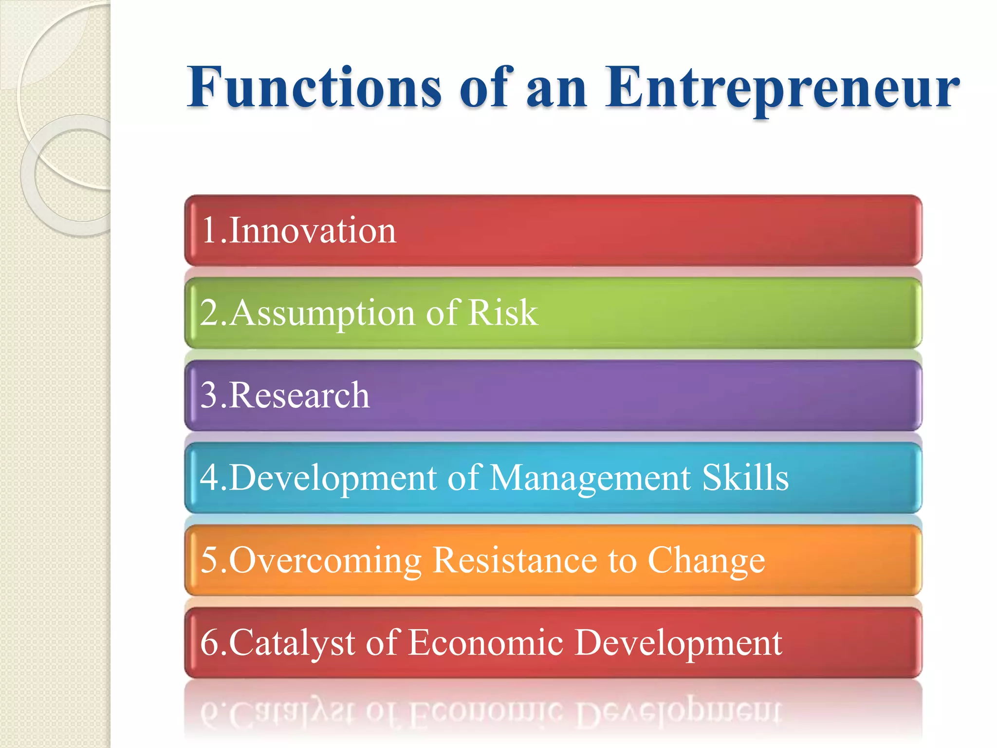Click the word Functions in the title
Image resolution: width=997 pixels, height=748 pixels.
coord(314,88)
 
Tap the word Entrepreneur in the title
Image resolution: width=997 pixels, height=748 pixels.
coord(782,89)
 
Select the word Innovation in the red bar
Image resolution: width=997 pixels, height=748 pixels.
coord(313,230)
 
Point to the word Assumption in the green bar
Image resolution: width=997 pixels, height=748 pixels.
coord(322,314)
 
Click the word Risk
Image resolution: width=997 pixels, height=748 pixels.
coord(502,313)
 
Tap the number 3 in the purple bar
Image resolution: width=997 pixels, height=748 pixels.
coord(208,395)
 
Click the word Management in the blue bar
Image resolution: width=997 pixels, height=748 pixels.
coord(590,478)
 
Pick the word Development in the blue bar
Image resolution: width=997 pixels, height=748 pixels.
coord(333,478)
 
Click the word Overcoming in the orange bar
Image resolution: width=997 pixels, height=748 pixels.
coord(325,561)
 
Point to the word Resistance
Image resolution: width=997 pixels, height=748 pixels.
coord(515,560)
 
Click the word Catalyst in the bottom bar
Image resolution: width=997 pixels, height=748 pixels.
coord(292,643)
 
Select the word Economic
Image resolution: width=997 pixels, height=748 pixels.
coord(485,643)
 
